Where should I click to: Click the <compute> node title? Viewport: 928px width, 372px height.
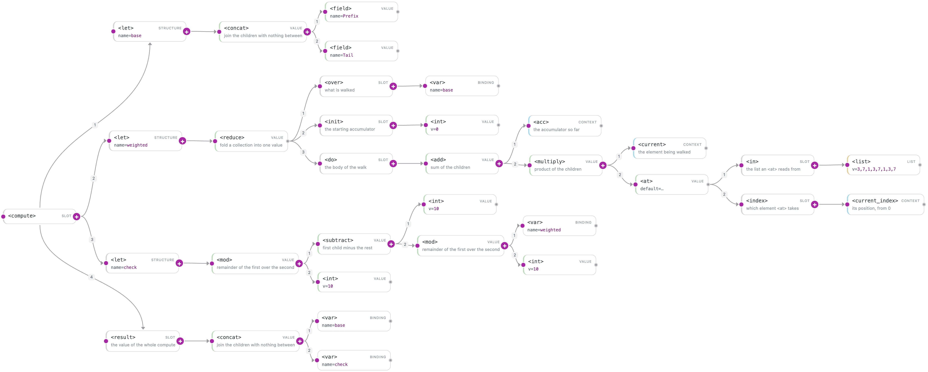[x=22, y=216]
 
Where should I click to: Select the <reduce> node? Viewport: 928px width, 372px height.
[x=251, y=141]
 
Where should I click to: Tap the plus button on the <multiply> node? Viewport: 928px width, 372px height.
[x=603, y=166]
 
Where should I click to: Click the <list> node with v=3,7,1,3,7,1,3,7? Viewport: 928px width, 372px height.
[x=883, y=165]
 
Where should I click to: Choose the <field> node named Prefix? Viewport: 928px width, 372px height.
[x=361, y=12]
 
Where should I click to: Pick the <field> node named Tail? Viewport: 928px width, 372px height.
[x=361, y=51]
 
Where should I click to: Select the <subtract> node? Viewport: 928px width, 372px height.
[x=354, y=244]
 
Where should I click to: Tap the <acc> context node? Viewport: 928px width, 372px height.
[x=564, y=126]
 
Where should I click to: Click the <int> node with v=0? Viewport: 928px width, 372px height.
[x=462, y=125]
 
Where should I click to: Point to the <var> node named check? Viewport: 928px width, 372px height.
[x=354, y=360]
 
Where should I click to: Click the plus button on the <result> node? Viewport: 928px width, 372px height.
[x=180, y=341]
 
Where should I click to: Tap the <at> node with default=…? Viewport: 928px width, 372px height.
[x=671, y=184]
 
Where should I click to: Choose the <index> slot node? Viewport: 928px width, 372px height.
[x=778, y=204]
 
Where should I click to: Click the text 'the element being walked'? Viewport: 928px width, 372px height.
[x=664, y=152]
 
